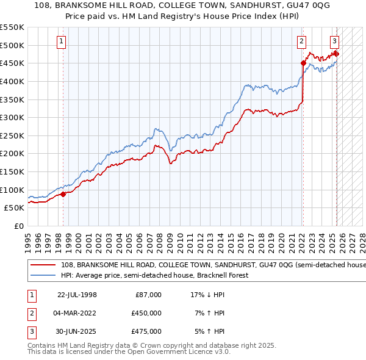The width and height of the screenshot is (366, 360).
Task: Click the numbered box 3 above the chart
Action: [335, 41]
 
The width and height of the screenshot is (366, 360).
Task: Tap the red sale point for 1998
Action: [63, 195]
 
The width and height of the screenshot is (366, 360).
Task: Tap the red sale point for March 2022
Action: [303, 62]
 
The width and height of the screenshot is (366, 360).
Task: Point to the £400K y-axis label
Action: [13, 81]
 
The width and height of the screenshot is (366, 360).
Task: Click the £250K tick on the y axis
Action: [13, 135]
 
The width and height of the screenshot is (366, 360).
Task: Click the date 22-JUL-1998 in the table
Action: [77, 295]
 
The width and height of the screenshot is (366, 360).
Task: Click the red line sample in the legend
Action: [43, 265]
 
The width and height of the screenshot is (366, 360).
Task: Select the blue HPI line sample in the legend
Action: [43, 275]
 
